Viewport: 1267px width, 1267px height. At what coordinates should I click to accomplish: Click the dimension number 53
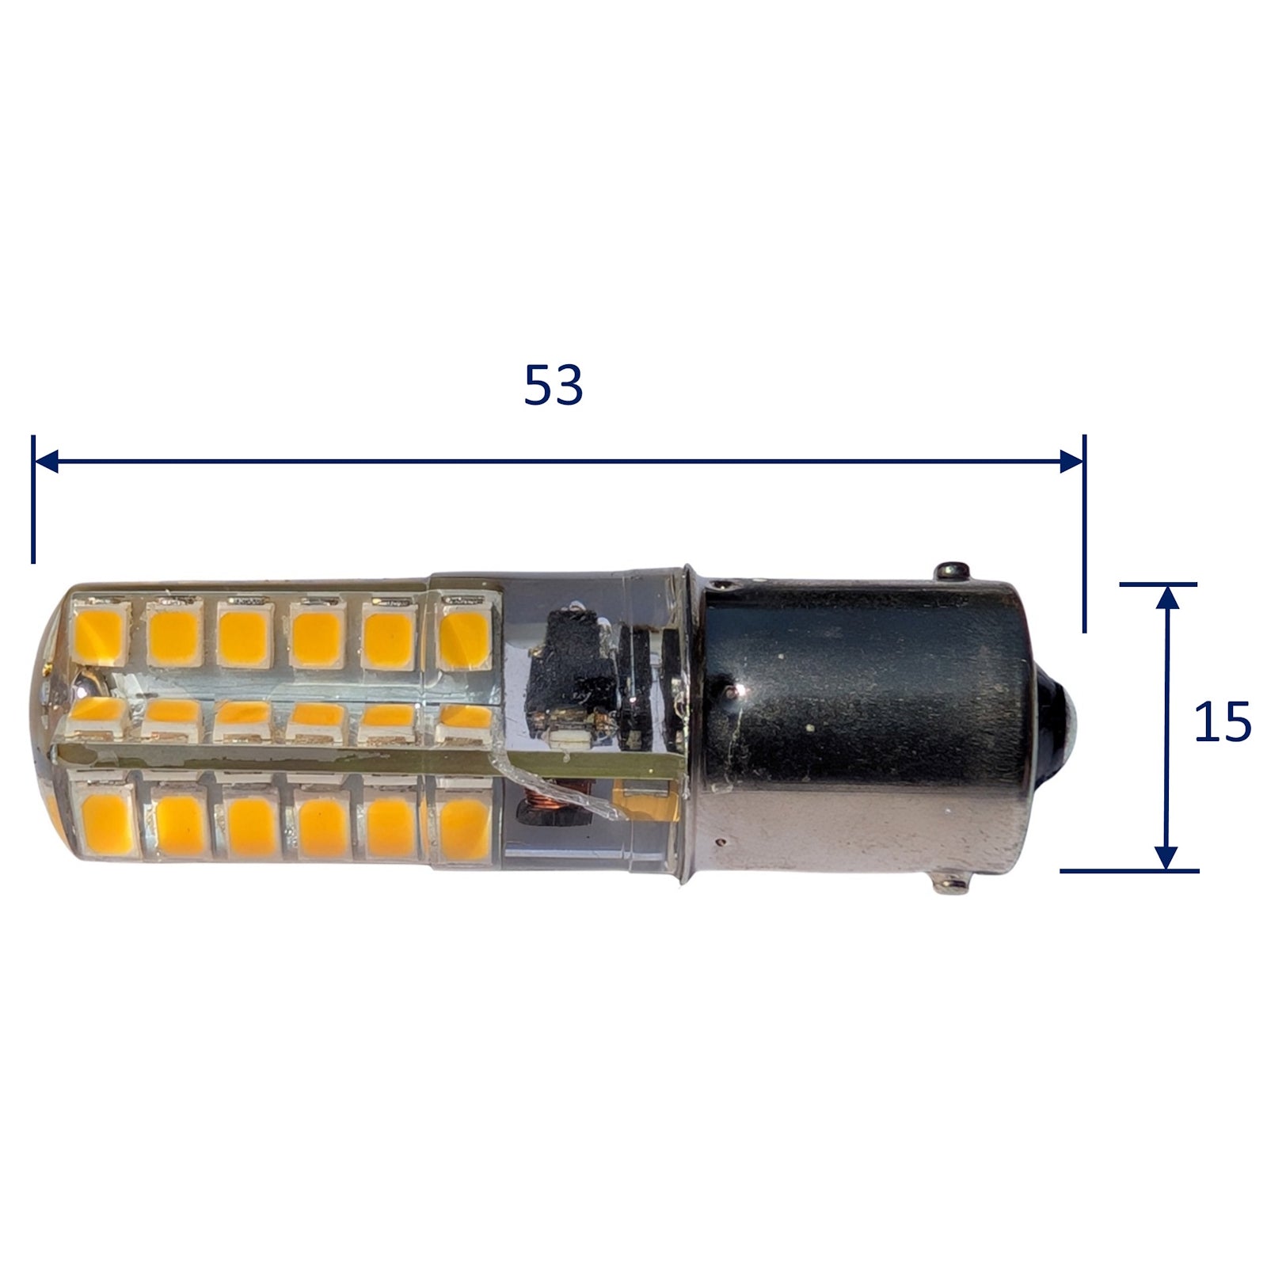click(x=554, y=386)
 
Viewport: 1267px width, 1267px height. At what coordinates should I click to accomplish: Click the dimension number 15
click(x=1222, y=721)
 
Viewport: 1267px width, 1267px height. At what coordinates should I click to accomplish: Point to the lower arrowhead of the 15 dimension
click(x=1166, y=857)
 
